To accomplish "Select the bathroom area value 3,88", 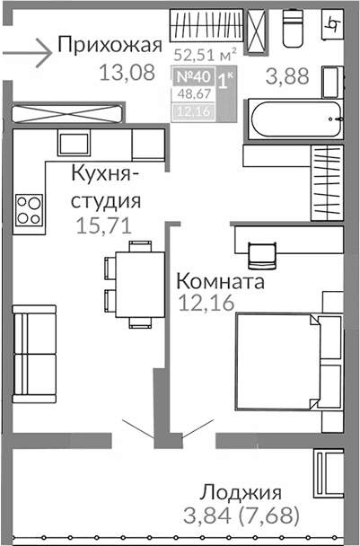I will coord(287,76).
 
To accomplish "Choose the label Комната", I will coord(220,281).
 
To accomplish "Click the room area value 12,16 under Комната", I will coord(206,303).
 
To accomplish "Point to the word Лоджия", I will coord(241,492).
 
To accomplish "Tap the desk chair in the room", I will coord(261,253).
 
